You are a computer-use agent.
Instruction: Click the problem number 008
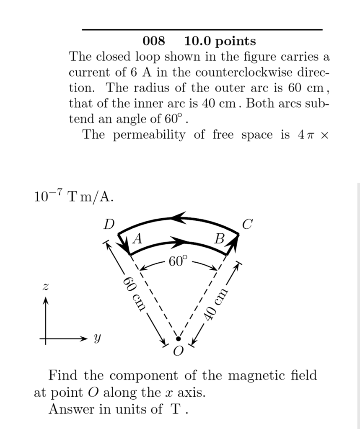154,41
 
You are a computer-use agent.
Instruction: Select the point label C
247,225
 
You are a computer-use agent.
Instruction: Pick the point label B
219,239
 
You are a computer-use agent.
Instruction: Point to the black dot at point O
178,338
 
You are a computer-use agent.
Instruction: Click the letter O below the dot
178,351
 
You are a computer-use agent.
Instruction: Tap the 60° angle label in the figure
176,262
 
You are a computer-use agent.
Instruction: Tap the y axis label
97,338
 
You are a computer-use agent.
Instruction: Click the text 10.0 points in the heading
220,41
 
